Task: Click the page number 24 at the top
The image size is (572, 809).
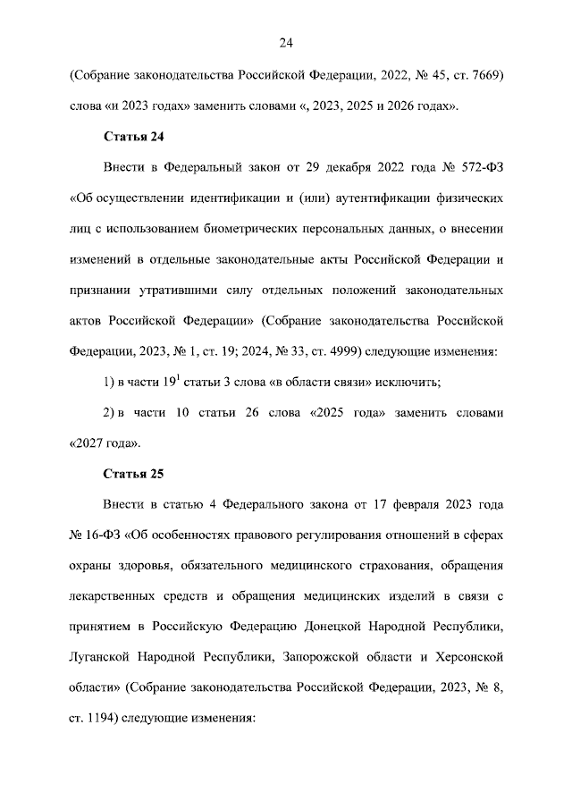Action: click(286, 43)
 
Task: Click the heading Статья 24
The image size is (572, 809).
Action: click(132, 138)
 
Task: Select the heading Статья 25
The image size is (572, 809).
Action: click(132, 472)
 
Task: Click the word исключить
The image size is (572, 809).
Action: click(406, 383)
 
